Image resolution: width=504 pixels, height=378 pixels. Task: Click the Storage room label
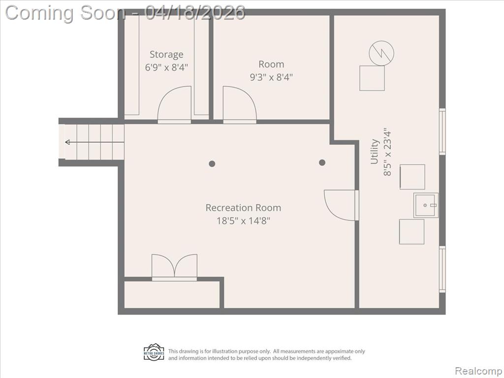(x=166, y=55)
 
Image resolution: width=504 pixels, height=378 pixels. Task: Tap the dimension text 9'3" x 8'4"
(x=271, y=77)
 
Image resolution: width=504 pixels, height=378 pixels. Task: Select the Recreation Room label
(x=243, y=208)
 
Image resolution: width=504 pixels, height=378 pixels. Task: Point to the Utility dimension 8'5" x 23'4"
(x=388, y=152)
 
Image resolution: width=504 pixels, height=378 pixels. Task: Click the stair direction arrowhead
(x=67, y=142)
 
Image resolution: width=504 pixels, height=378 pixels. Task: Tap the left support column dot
(x=212, y=163)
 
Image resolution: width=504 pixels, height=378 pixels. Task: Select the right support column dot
(x=322, y=162)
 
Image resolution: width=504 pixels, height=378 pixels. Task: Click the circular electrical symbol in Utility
(x=381, y=53)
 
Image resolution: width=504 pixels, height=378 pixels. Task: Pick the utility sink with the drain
(x=426, y=205)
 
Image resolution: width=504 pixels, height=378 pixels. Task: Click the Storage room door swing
(x=174, y=104)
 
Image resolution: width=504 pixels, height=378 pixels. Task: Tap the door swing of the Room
(x=240, y=104)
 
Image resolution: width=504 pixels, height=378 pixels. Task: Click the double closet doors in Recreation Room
(x=174, y=267)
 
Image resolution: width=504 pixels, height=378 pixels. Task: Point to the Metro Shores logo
(x=154, y=352)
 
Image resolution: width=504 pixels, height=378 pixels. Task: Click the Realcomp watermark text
(x=478, y=371)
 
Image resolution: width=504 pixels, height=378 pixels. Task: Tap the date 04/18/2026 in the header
(x=195, y=12)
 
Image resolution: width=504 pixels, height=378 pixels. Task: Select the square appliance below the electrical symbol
(x=372, y=78)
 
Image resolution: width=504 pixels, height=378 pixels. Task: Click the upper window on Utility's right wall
(x=442, y=131)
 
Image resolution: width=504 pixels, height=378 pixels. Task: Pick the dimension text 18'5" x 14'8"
(x=243, y=221)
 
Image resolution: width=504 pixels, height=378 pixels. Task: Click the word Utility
(x=374, y=152)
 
